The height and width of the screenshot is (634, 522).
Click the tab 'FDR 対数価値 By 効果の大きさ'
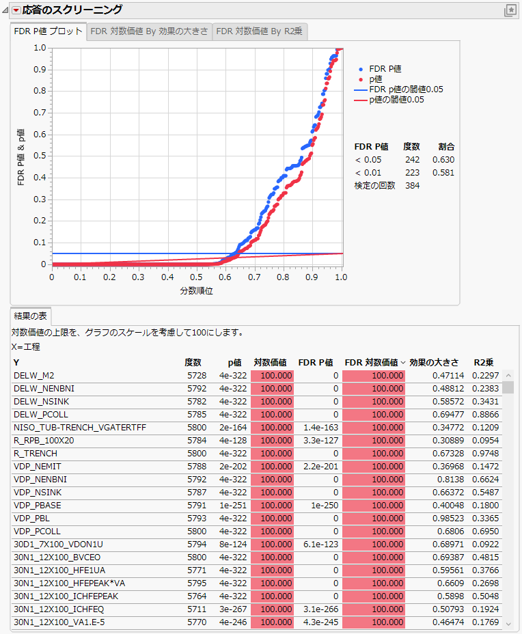[x=150, y=31]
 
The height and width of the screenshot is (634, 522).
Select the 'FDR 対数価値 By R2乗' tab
[x=259, y=31]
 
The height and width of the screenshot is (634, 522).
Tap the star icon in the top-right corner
[x=510, y=10]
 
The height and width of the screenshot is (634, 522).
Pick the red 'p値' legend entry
[x=375, y=79]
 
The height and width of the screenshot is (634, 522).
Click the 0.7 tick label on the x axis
[x=254, y=277]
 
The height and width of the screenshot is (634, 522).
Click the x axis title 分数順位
[x=197, y=291]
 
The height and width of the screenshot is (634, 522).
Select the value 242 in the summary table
[x=412, y=160]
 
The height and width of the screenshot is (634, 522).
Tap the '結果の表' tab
[x=30, y=316]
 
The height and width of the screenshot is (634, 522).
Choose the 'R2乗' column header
[x=484, y=363]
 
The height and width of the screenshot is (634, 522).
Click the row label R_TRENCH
[x=36, y=454]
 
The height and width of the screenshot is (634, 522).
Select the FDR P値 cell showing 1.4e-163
[x=319, y=428]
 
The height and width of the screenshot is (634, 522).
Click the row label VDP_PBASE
[x=38, y=506]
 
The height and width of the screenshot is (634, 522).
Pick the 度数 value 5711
[x=193, y=609]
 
